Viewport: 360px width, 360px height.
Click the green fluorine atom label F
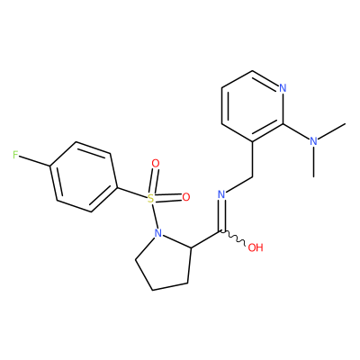[15, 155]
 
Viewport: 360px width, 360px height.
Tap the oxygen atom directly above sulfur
[156, 164]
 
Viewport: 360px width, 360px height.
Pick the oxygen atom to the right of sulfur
[186, 197]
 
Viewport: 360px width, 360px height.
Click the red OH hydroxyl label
[256, 247]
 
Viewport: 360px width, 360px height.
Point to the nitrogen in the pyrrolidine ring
[158, 233]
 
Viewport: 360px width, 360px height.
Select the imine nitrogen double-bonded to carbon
[221, 194]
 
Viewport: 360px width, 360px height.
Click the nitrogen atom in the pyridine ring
[283, 88]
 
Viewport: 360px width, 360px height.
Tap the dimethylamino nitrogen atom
[313, 141]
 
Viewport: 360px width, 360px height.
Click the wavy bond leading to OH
[234, 238]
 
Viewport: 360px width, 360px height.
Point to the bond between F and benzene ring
[35, 161]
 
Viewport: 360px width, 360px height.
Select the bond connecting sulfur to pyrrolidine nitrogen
[155, 216]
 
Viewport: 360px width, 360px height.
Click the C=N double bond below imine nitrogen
[223, 215]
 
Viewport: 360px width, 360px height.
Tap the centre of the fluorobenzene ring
[84, 177]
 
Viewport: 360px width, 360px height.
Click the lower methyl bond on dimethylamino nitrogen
[314, 161]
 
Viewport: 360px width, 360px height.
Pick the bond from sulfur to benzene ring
[132, 193]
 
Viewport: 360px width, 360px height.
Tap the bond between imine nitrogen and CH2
[239, 184]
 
